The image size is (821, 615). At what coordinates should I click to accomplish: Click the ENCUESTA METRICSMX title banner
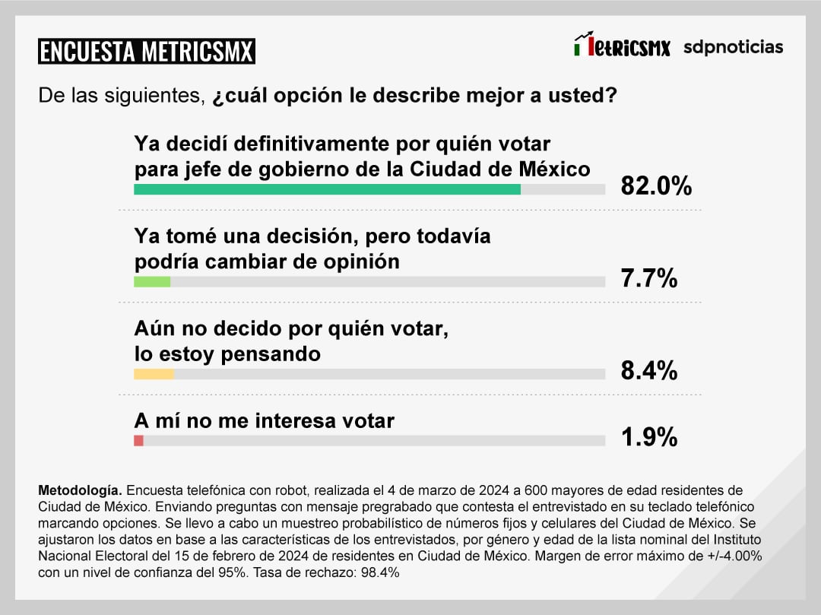[147, 51]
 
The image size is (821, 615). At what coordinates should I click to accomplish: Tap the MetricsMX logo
[622, 46]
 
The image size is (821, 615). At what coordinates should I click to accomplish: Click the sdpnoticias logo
[733, 47]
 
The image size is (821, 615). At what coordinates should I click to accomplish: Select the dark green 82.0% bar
[327, 189]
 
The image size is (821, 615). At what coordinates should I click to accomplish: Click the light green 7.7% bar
[152, 282]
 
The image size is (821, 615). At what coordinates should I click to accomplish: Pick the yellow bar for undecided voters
[154, 374]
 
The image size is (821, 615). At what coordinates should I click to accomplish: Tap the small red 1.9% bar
[138, 441]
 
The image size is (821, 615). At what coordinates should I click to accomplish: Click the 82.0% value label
[656, 185]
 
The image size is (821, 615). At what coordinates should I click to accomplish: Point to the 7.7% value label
[648, 279]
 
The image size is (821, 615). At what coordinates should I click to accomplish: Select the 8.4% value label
[648, 371]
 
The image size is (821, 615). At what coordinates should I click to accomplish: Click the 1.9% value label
[648, 437]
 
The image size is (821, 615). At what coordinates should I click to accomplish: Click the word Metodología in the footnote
[78, 490]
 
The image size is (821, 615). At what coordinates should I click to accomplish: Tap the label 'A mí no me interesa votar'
[264, 420]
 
